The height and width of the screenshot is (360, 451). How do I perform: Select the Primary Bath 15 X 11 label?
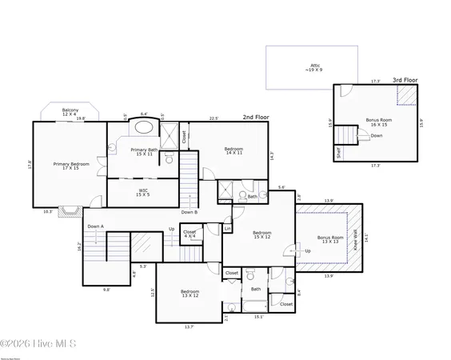(x=145, y=152)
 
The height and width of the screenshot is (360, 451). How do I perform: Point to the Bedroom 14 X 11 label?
(x=233, y=152)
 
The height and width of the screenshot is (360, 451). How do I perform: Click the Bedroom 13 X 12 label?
(x=190, y=294)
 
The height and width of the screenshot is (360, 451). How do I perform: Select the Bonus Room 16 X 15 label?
(x=377, y=122)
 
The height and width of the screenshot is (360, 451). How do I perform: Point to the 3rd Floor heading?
(x=404, y=80)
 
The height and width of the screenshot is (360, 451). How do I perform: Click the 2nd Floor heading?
(x=255, y=117)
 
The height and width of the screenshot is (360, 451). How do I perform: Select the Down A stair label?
(x=96, y=226)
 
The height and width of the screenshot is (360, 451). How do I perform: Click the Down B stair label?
(x=189, y=212)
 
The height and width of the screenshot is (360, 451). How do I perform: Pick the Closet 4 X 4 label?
(x=190, y=235)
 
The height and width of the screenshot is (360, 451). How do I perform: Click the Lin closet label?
(x=227, y=229)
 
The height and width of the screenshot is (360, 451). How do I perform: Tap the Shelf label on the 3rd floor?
(x=338, y=152)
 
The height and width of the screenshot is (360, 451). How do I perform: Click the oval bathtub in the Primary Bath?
(x=145, y=127)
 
